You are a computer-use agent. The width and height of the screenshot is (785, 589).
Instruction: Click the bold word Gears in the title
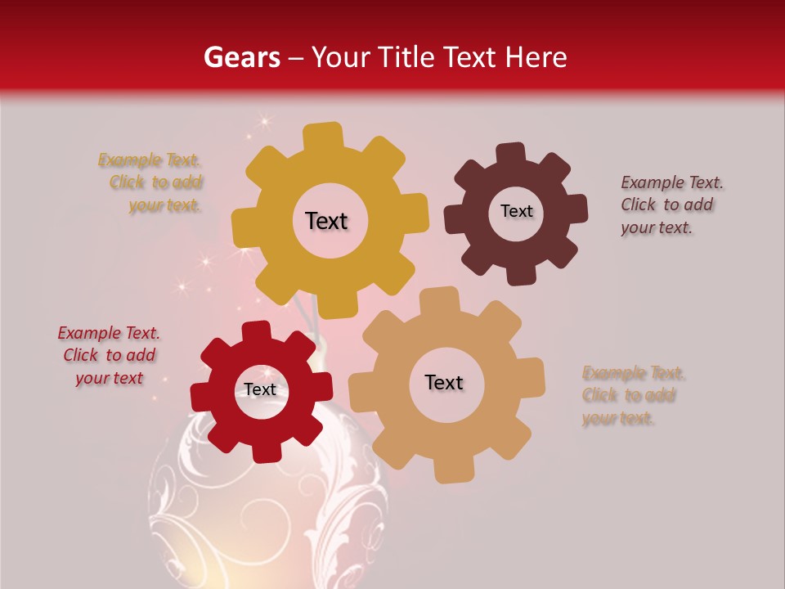pos(241,57)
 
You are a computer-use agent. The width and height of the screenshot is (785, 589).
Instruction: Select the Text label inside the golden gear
pos(326,221)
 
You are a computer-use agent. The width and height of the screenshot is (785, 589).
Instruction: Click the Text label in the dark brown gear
pos(516,211)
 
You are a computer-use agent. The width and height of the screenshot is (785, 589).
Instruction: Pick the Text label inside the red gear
pos(260,389)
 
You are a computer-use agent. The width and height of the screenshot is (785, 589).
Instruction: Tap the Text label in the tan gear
pos(444,382)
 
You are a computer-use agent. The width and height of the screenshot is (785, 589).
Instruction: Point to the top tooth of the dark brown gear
pos(510,155)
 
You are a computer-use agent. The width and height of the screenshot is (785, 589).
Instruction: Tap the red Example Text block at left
pos(110,355)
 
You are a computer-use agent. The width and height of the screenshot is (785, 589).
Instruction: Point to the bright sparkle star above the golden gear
pos(264,121)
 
